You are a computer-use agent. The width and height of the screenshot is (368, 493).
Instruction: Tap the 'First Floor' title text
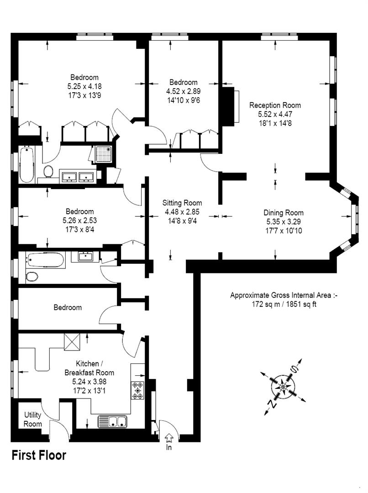[39, 455]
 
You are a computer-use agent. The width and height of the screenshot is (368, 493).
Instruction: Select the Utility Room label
[33, 420]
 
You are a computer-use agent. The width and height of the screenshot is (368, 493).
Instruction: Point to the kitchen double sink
[112, 421]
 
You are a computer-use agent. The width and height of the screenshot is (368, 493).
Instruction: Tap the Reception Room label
[275, 105]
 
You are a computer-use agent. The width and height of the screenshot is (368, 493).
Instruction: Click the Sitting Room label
[183, 203]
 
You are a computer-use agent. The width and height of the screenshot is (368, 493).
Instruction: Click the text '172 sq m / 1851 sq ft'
[283, 304]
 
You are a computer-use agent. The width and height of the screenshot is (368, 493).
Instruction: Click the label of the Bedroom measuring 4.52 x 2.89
[184, 82]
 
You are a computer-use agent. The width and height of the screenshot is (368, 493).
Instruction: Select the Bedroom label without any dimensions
[68, 307]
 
